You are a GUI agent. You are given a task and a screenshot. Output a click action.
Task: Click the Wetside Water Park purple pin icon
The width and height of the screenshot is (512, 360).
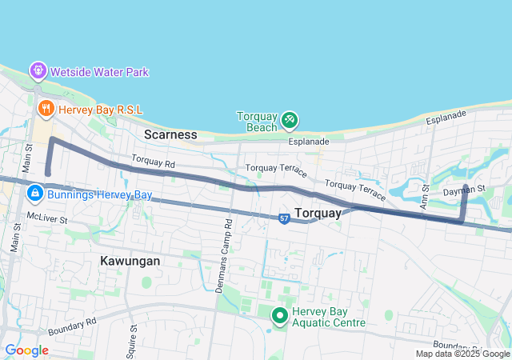click(38, 71)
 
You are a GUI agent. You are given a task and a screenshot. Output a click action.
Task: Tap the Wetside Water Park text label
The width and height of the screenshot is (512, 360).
click(99, 72)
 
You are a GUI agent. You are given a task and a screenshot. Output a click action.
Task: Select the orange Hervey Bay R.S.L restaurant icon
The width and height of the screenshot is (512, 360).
click(46, 107)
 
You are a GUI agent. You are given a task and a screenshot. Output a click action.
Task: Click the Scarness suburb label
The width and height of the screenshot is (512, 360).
click(170, 134)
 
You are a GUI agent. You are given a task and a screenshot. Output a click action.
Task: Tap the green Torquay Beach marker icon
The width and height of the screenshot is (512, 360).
click(290, 121)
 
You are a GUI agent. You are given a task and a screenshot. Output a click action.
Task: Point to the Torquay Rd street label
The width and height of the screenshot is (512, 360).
click(153, 162)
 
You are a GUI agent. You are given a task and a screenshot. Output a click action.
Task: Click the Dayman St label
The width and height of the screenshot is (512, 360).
click(464, 190)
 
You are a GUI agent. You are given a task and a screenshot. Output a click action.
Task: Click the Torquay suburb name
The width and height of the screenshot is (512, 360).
click(318, 213)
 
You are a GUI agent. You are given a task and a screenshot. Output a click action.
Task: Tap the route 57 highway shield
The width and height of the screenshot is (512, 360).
click(284, 218)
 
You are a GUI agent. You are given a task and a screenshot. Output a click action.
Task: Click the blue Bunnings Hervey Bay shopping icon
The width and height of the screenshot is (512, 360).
click(34, 194)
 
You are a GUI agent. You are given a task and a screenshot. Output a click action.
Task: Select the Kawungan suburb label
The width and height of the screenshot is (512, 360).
click(130, 261)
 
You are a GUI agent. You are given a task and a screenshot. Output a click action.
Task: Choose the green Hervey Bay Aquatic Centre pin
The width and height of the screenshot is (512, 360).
click(280, 316)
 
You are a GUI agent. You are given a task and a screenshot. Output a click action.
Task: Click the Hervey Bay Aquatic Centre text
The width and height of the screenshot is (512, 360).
click(329, 317)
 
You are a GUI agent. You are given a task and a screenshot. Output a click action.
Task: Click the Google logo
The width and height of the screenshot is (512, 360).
click(26, 350)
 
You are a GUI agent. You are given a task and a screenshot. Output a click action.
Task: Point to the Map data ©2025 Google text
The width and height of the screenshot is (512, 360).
click(462, 354)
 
